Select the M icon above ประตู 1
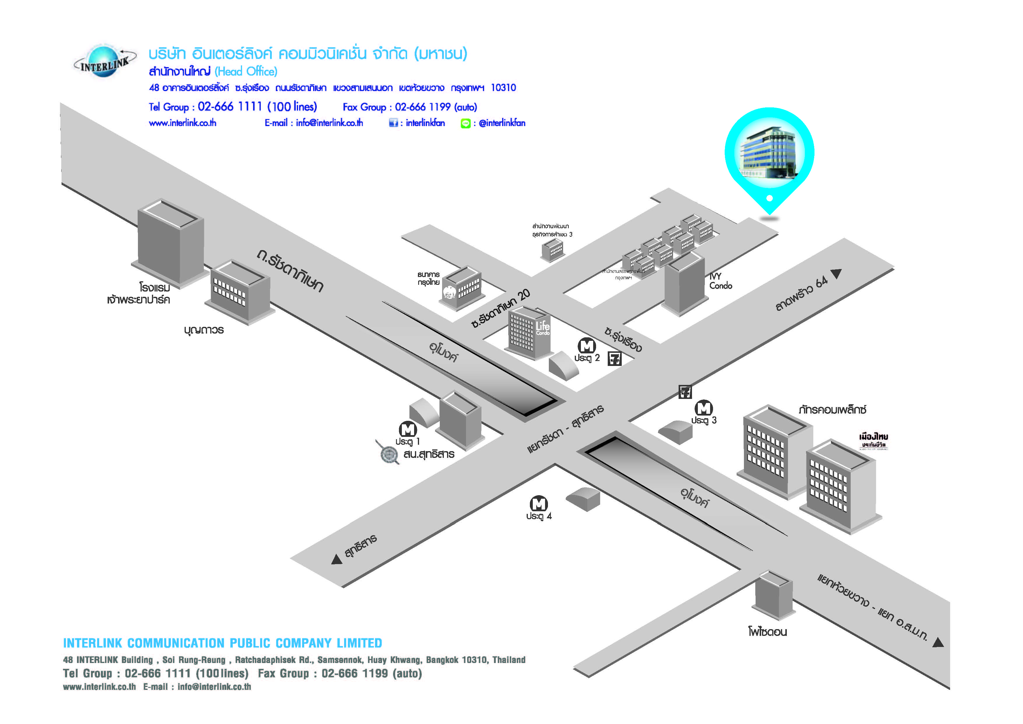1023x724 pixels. click(x=408, y=429)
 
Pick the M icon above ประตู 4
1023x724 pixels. click(x=538, y=504)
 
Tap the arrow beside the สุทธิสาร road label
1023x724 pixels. click(x=337, y=559)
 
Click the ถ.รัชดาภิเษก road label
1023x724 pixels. click(x=290, y=271)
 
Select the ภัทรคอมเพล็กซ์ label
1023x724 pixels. click(x=832, y=409)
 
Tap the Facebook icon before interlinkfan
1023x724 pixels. click(x=393, y=123)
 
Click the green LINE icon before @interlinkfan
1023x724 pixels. click(x=465, y=123)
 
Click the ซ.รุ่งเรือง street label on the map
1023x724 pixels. click(x=623, y=339)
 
